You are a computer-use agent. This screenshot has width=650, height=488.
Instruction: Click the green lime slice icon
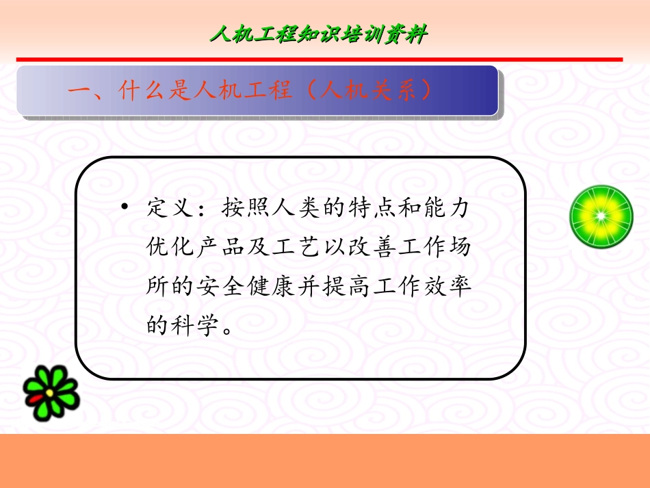click(601, 216)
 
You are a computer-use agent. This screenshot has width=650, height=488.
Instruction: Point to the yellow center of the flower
click(50, 394)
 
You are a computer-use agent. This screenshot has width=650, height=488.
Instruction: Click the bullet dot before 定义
click(125, 207)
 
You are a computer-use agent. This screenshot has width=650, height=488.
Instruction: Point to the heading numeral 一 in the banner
click(79, 90)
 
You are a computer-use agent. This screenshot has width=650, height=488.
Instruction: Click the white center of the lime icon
click(601, 216)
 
